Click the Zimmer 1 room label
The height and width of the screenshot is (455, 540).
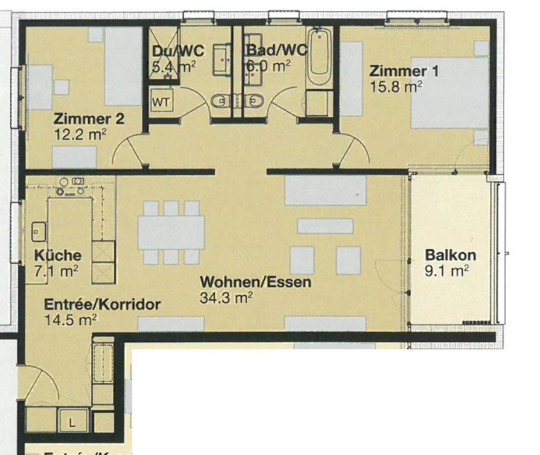pos(403,71)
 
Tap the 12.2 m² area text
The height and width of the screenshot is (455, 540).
pos(80,134)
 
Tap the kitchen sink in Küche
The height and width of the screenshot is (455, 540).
pos(39,231)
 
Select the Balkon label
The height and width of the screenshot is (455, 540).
pos(450,255)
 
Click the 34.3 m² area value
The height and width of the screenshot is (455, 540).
pos(226,298)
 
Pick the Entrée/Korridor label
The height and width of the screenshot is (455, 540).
pos(102,304)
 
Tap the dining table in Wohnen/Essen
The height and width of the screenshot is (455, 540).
pos(171,232)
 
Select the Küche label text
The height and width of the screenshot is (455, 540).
pos(58,256)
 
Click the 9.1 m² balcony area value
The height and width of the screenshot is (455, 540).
pos(446,271)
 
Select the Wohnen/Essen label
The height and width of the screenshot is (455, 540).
pos(255,282)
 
